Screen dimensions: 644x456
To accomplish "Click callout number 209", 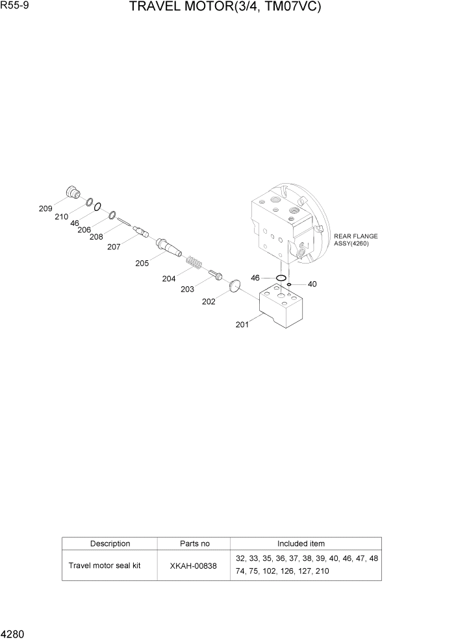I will (45, 208).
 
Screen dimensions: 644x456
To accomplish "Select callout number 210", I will (61, 216).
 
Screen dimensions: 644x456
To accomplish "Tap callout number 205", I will (142, 263).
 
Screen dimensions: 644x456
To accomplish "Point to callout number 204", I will (169, 279).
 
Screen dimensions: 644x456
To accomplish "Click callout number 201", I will (242, 325).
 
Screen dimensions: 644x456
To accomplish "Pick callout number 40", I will (312, 284).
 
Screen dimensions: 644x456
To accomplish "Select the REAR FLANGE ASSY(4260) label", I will (355, 240).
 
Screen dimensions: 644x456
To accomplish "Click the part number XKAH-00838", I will (194, 565).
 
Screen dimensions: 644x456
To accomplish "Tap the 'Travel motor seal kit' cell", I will (105, 565).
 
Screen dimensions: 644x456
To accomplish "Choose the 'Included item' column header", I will (301, 543).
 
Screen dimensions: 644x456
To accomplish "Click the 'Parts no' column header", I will (194, 543).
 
